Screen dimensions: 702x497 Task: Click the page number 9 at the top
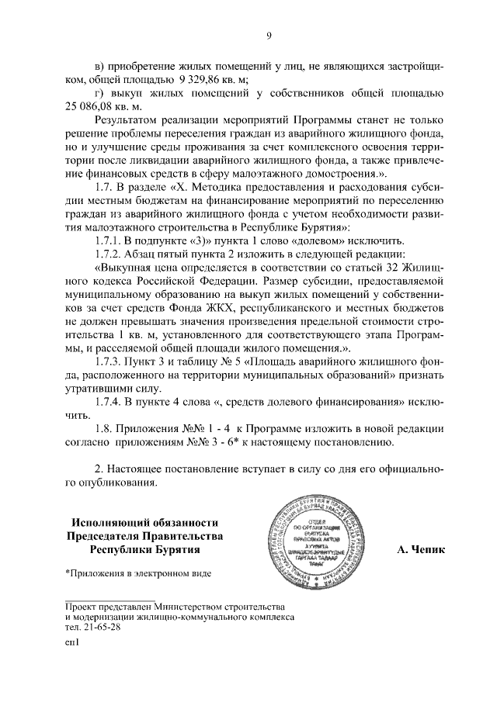269,34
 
